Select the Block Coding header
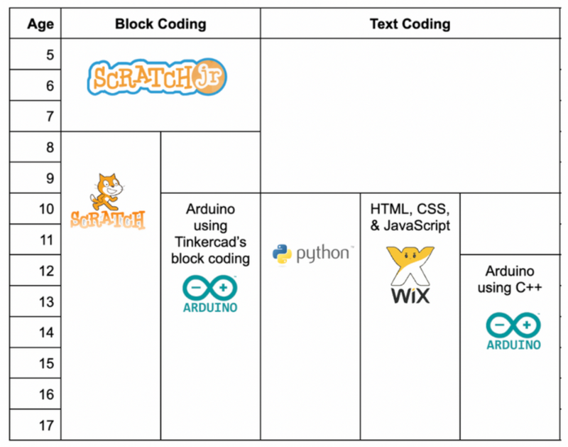pos(160,24)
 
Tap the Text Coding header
pos(410,24)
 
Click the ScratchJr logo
pos(158,77)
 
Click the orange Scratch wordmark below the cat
pos(108,219)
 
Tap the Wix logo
pos(410,275)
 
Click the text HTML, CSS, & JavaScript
pos(410,217)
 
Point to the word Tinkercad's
pos(210,242)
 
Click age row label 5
pos(50,55)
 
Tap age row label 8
pos(50,148)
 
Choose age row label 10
pos(47,210)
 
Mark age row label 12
pos(47,271)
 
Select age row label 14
pos(47,333)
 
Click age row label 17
pos(47,425)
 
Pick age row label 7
pos(50,117)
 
